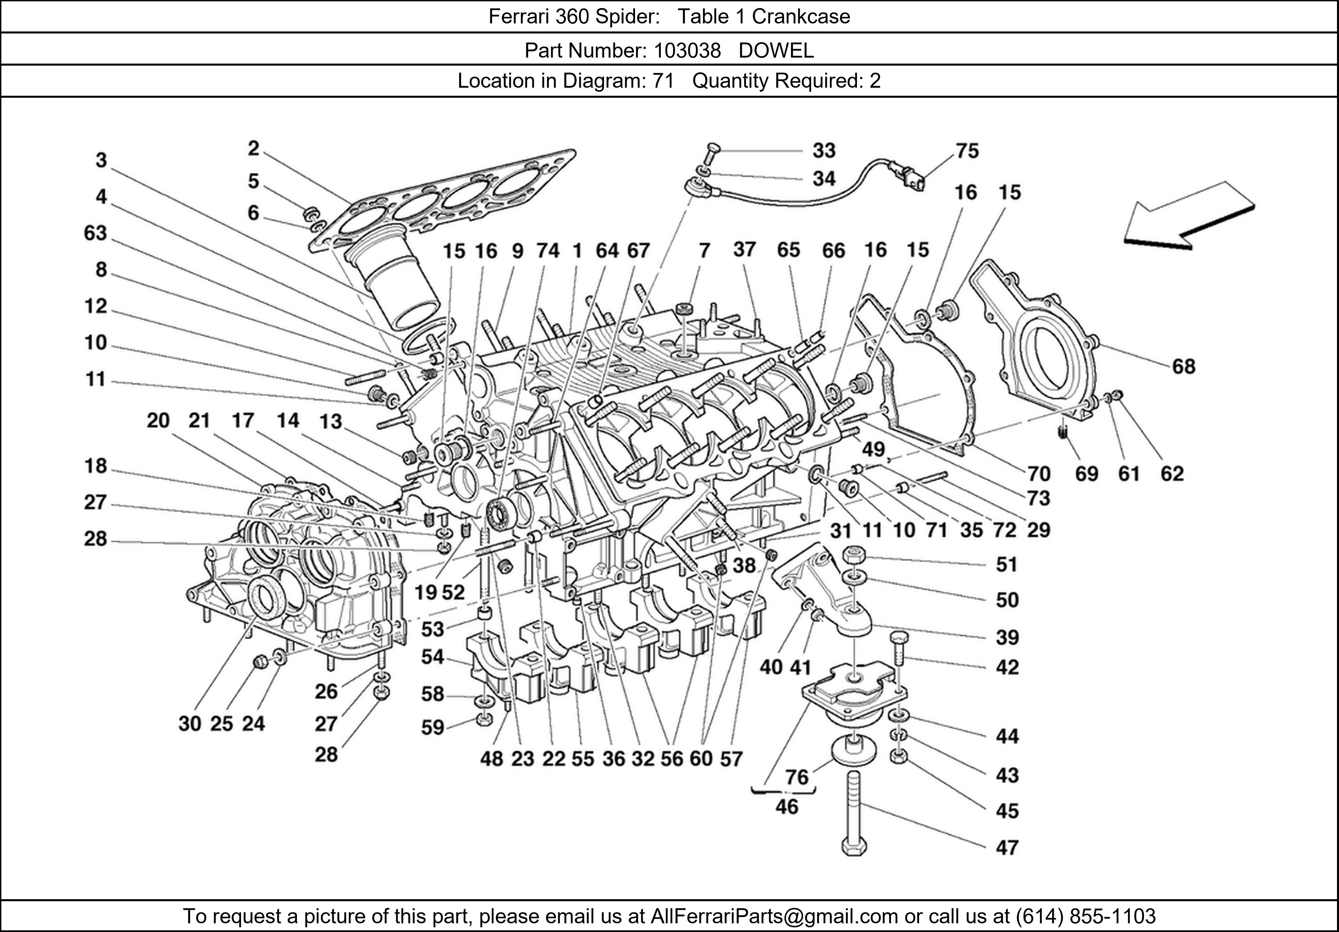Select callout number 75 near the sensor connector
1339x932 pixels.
tap(967, 151)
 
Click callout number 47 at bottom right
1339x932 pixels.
tap(1007, 847)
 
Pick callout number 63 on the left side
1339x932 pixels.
tap(96, 233)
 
